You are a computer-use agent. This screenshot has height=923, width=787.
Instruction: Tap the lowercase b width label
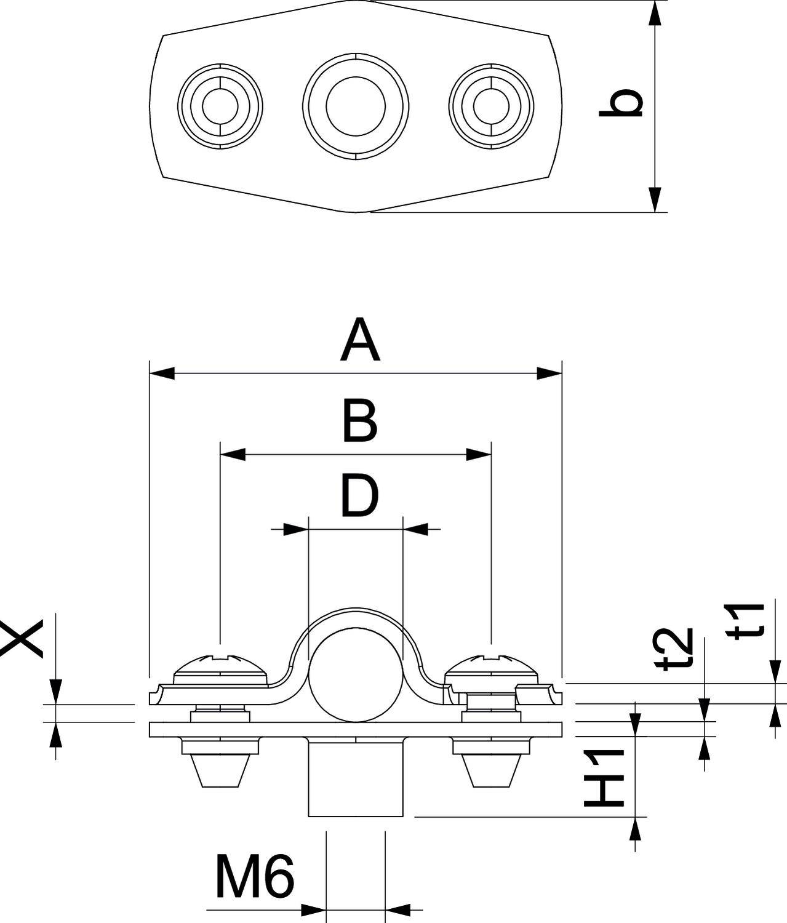[x=621, y=103]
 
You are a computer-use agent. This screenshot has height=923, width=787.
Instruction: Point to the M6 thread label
[x=255, y=876]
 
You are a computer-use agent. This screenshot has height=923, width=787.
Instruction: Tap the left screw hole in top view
[x=220, y=106]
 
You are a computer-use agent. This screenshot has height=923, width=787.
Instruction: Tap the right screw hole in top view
[x=491, y=106]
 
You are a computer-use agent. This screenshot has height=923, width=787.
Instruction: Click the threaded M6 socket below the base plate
[x=355, y=778]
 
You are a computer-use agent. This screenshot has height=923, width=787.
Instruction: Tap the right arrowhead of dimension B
[x=479, y=455]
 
